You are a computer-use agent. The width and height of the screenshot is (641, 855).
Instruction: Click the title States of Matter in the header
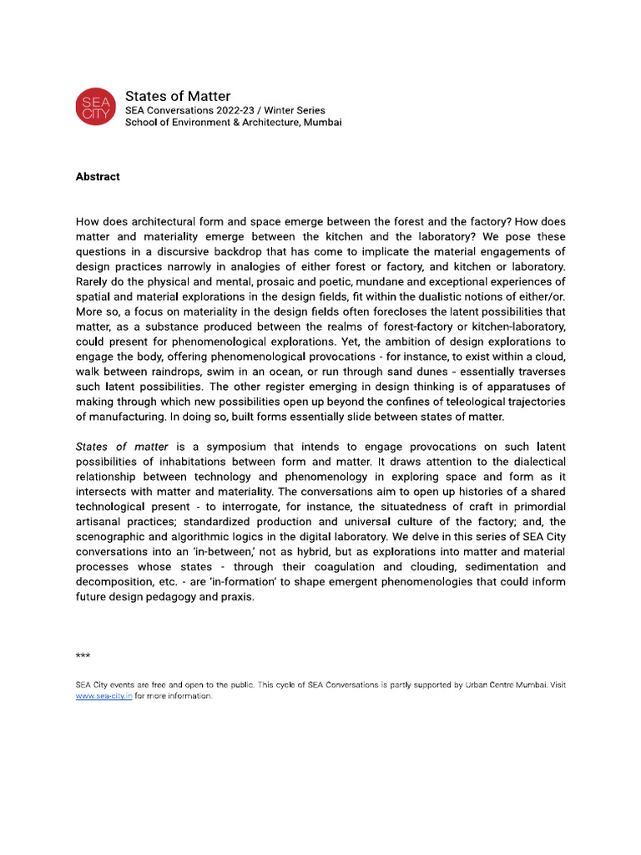[178, 96]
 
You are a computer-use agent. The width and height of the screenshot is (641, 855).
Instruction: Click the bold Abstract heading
[98, 176]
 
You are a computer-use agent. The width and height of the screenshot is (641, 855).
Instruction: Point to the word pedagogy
[172, 597]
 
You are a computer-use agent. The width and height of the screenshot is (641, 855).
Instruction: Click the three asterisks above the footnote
[83, 656]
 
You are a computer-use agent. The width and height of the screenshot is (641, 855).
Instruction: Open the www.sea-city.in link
[103, 696]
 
